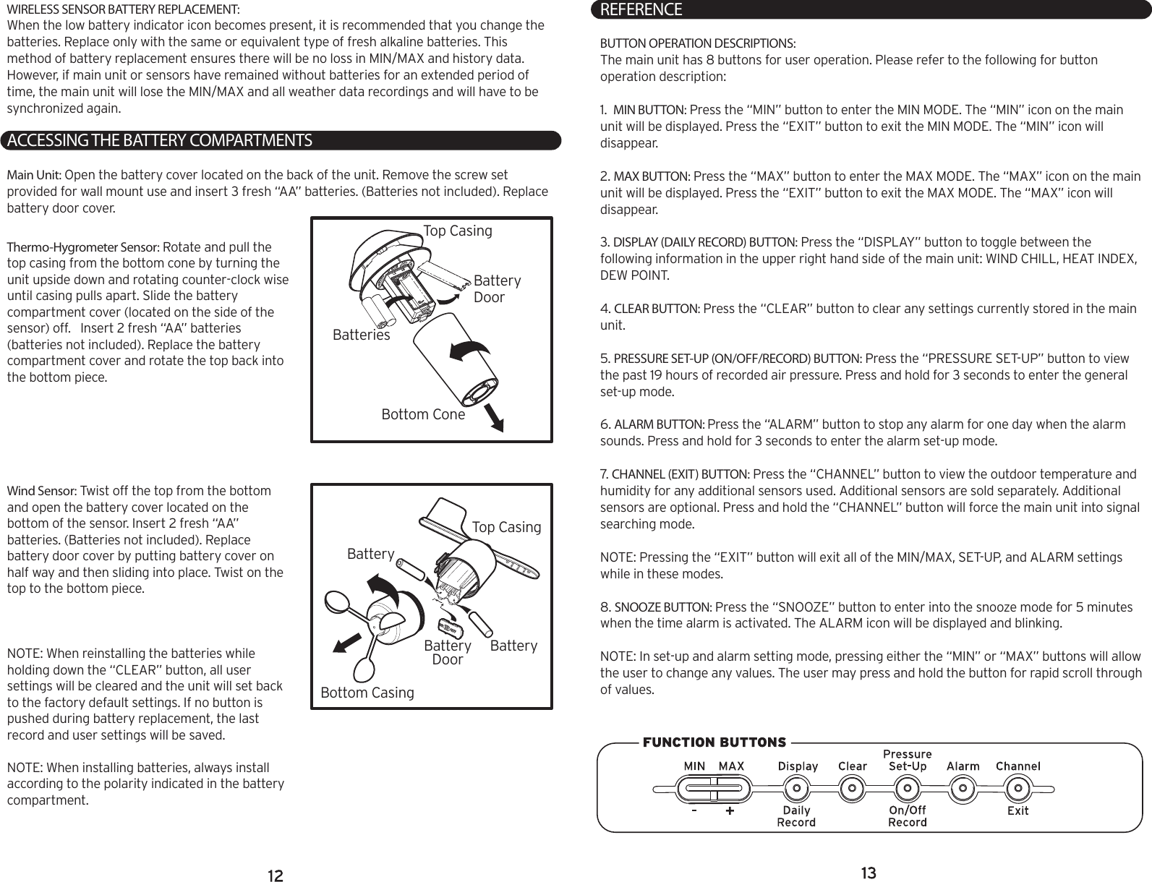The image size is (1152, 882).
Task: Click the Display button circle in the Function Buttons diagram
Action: point(797,788)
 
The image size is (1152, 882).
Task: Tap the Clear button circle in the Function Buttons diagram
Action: point(853,788)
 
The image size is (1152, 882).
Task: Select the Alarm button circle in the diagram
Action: point(963,788)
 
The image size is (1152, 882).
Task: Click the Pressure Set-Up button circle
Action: point(907,788)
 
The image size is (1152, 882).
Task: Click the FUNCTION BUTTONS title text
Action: point(714,742)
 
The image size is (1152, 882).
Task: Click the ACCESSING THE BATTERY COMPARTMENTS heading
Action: point(159,140)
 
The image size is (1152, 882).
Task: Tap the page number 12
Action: point(275,876)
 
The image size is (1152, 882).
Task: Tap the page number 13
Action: point(869,873)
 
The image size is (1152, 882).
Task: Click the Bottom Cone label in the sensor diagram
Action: point(423,415)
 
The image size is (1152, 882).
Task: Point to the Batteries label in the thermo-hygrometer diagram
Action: point(361,335)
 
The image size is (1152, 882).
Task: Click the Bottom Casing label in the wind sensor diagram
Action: point(367,693)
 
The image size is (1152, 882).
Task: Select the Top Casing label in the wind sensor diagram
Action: point(506,528)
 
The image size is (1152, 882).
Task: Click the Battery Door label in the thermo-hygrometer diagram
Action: point(496,289)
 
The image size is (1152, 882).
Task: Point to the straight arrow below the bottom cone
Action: point(495,418)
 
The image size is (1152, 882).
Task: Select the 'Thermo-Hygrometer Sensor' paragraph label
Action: point(83,248)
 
